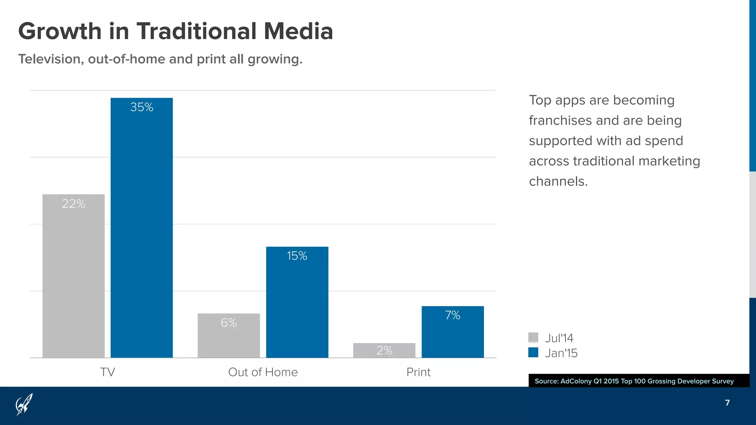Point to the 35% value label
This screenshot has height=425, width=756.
(x=142, y=107)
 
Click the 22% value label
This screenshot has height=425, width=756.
(x=73, y=204)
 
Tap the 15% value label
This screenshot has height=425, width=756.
(x=297, y=256)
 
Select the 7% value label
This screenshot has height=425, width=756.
(x=453, y=315)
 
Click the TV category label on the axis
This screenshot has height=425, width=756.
(x=107, y=372)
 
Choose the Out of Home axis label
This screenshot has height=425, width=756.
(x=263, y=372)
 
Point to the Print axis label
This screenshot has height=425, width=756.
(x=418, y=372)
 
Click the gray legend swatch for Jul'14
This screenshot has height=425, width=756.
(x=533, y=337)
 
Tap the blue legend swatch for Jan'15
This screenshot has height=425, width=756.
(x=533, y=352)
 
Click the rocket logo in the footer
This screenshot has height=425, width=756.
(x=24, y=404)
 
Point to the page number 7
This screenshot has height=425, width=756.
(x=727, y=402)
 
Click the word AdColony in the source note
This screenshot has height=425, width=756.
(x=576, y=381)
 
